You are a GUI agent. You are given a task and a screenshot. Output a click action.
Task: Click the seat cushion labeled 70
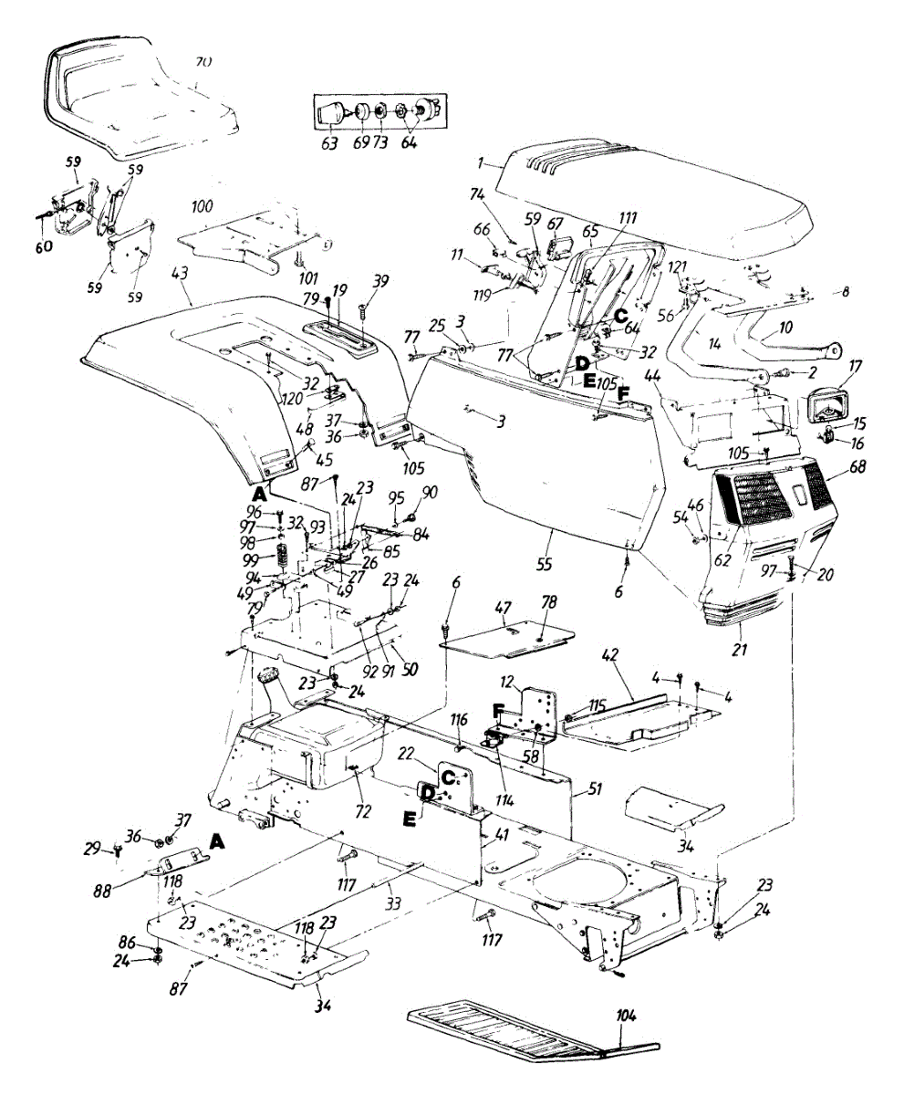(137, 100)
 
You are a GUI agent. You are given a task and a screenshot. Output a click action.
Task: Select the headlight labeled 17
(830, 403)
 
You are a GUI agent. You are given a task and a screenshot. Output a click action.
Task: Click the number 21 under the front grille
(740, 650)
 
